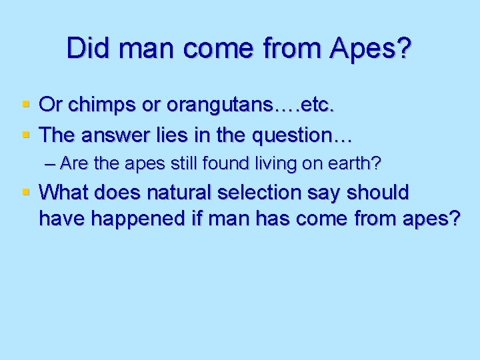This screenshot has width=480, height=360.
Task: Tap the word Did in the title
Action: point(85,49)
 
